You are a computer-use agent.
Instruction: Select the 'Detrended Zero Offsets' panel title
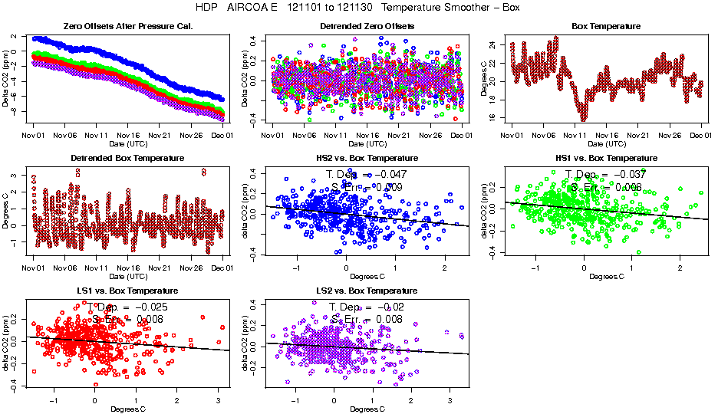[x=367, y=26]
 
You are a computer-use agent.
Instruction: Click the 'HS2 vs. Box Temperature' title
[x=367, y=159]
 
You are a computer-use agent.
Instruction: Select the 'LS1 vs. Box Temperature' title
[x=127, y=291]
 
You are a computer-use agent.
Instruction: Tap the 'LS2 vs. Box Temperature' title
[x=367, y=291]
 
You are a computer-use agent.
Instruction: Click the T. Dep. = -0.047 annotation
[x=367, y=174]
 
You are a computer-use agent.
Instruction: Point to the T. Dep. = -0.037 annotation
[x=605, y=174]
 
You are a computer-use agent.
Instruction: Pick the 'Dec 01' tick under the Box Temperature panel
[x=701, y=136]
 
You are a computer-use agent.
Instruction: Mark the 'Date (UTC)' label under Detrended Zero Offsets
[x=367, y=144]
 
